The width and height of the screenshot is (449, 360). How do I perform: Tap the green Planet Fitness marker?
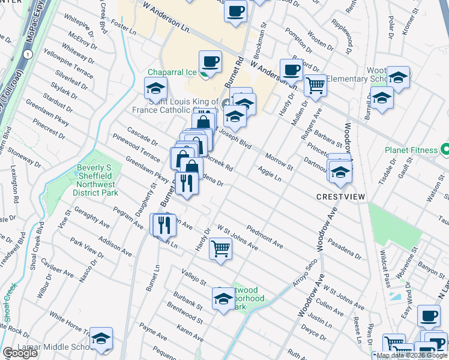[445, 149]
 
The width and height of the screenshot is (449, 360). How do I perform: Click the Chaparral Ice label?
[172, 73]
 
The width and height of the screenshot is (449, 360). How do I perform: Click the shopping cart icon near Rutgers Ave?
[315, 85]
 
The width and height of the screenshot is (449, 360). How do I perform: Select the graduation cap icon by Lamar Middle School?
[101, 339]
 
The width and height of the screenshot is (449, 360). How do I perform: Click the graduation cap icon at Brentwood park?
[223, 299]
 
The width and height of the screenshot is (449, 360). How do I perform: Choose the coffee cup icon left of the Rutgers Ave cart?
[291, 69]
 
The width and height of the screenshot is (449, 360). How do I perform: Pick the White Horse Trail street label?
[70, 323]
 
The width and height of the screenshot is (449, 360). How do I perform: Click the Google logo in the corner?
[20, 353]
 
